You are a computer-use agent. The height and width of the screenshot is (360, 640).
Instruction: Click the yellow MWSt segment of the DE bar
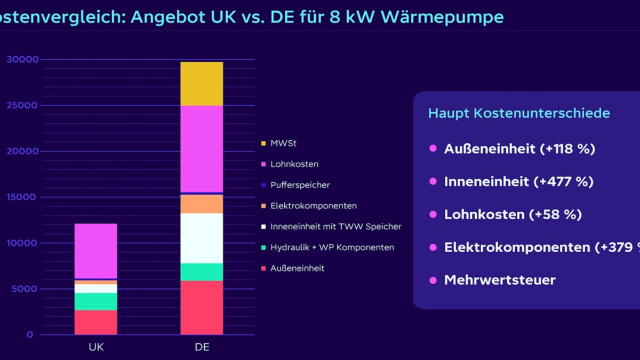pos(202,84)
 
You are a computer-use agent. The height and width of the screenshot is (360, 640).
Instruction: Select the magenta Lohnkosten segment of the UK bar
pos(95,251)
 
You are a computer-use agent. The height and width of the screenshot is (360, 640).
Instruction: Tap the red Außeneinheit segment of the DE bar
pos(202,308)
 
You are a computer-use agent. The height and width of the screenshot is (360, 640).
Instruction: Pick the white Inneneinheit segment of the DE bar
pos(202,238)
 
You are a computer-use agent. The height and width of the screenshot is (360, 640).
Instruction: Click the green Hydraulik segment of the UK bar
pos(95,301)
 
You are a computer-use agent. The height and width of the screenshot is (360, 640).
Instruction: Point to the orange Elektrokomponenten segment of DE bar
pos(202,204)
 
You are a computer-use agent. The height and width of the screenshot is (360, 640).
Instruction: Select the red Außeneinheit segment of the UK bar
pos(95,322)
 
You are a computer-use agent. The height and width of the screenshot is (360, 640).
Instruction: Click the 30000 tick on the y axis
pos(22,59)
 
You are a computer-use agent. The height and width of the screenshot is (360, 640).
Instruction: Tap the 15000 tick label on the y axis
pos(22,197)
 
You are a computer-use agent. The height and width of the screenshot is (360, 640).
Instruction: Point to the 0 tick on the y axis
pos(30,335)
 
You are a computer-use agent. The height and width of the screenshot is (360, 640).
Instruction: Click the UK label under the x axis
pos(96,348)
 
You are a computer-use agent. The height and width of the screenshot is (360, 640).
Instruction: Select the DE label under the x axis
pos(202,348)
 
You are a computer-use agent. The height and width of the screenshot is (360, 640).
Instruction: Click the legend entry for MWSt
pos(282,143)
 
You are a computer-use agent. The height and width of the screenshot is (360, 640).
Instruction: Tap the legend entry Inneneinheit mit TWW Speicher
pos(335,227)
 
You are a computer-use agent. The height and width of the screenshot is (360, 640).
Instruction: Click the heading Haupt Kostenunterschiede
pos(519,113)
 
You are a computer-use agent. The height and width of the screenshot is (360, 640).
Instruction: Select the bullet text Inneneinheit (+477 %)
pos(518,182)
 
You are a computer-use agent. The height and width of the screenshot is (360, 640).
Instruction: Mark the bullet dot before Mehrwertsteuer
pos(433,280)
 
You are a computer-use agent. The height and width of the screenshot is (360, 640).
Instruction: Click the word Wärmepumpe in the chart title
pos(450,17)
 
